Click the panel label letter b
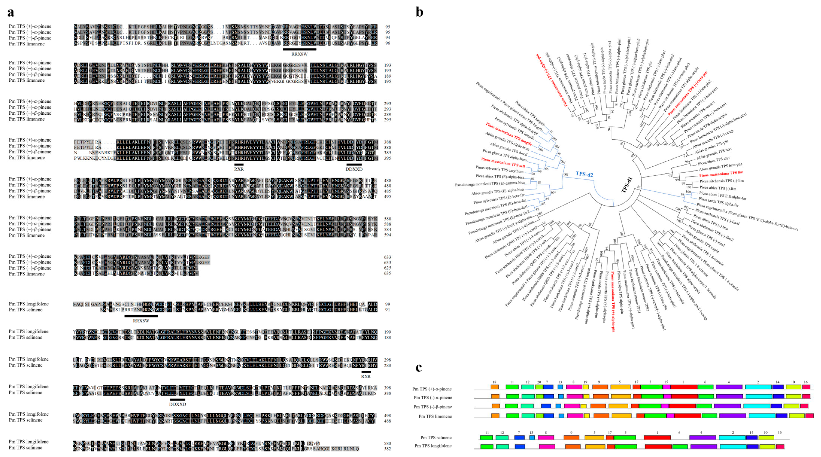point(419,12)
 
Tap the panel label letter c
point(419,368)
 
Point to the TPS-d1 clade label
point(627,185)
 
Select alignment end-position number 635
point(387,273)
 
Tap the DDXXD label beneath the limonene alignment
point(354,169)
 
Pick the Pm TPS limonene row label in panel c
point(435,416)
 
